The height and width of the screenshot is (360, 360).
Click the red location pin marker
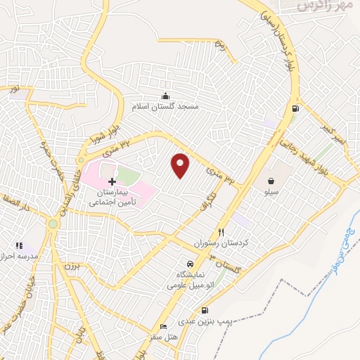coord(181,165)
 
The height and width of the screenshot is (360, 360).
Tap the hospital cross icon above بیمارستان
coord(112,181)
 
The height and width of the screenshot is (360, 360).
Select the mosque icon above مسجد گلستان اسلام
coord(165,96)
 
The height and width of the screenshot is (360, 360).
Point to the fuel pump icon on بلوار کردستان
coord(295,108)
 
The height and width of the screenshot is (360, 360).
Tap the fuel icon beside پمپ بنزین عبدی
coord(205,310)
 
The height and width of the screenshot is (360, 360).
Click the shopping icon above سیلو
coord(271,181)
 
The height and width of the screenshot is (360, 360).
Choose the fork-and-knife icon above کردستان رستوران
coord(221,232)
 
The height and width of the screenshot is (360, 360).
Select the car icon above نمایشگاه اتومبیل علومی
coord(181,264)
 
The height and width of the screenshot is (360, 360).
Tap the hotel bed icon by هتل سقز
coord(164,327)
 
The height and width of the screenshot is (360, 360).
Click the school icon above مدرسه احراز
coord(19,245)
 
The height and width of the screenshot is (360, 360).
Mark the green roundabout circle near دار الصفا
coord(53,224)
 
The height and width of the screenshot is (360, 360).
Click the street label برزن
coord(69,266)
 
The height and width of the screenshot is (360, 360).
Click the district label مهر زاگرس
coord(314,6)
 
